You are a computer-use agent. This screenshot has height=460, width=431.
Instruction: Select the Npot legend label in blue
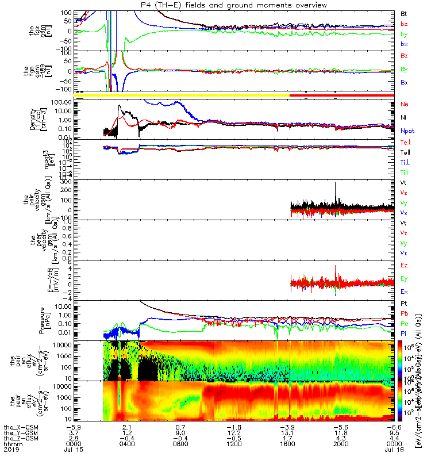(x=407, y=131)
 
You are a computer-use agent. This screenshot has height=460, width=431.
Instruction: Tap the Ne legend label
(x=405, y=104)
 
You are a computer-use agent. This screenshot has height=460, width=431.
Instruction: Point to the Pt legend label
(x=404, y=303)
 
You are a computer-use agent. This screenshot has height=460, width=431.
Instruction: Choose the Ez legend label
(x=404, y=265)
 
